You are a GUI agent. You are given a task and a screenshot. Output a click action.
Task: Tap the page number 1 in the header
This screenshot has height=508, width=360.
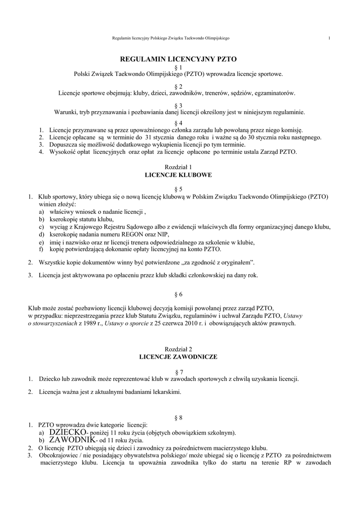point(329,38)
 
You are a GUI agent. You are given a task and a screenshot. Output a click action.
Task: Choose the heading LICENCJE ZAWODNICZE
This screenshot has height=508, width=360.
point(178,356)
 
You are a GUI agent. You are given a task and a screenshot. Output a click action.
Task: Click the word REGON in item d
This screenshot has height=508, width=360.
point(143,235)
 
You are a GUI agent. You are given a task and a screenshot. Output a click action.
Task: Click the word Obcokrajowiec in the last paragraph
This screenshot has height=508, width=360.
point(56,455)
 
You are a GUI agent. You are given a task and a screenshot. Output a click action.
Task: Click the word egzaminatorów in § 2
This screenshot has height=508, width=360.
point(276,93)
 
